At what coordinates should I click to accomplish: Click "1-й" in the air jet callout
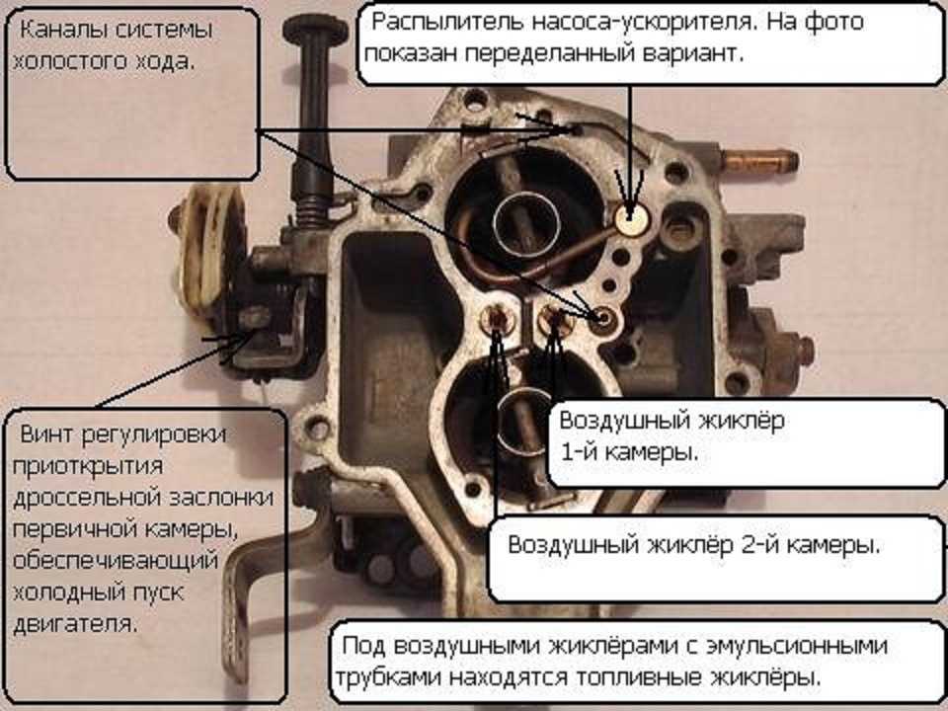pos(581,451)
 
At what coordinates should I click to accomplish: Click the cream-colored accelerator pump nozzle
pos(632,218)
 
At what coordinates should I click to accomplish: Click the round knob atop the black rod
pos(315,30)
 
